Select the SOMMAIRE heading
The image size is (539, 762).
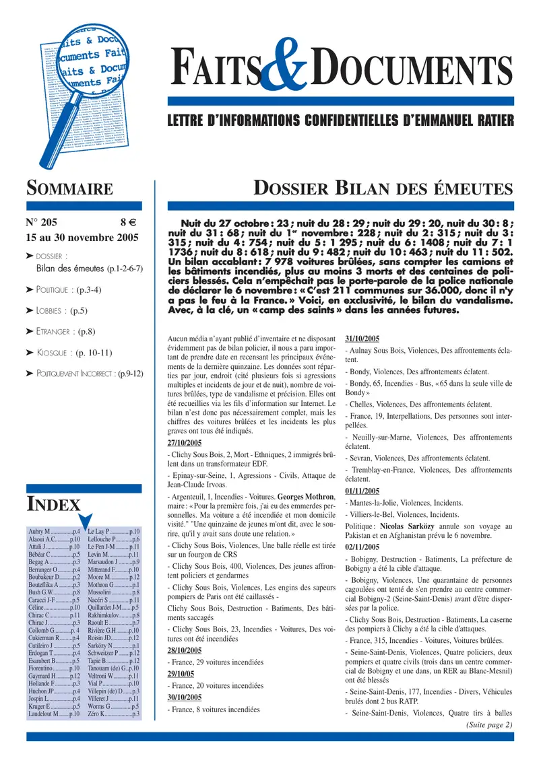point(69,189)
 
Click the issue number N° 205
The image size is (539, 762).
point(42,221)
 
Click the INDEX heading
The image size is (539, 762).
point(53,504)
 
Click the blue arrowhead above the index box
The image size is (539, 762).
point(86,520)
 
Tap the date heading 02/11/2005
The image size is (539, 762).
point(362,547)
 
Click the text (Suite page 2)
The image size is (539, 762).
point(488,724)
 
